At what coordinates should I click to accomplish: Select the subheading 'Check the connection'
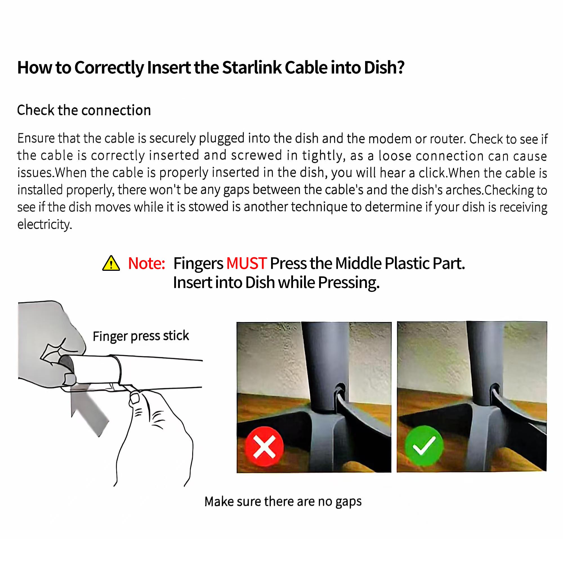coord(84,110)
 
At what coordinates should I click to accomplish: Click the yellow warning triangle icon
coord(111,263)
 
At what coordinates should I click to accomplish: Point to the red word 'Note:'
coord(147,263)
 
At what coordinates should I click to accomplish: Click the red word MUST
coord(247,263)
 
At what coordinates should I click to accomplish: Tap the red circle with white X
coord(264,446)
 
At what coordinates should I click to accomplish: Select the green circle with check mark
coord(424,445)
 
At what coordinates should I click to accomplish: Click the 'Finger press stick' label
coord(141,336)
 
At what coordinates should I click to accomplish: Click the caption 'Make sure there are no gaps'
coord(283,502)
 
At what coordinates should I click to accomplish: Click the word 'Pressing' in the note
coord(348,283)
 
